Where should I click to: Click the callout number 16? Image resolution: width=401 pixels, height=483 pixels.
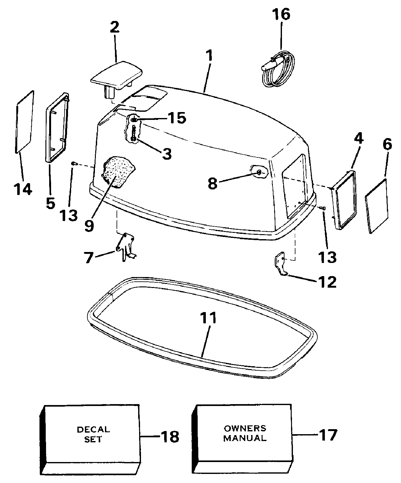tap(281, 14)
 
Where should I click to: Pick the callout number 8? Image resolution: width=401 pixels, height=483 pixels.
tap(212, 184)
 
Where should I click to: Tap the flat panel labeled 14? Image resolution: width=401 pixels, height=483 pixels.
tap(24, 122)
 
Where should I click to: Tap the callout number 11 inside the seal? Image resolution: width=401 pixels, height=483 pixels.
tap(209, 318)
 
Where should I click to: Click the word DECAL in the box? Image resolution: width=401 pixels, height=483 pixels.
tap(93, 429)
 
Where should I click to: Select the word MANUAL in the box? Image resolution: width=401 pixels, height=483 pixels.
tap(245, 438)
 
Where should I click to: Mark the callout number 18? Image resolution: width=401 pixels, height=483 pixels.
tap(170, 436)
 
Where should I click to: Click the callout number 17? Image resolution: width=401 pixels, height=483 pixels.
tap(328, 435)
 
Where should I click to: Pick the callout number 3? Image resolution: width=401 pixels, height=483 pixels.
tap(167, 154)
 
